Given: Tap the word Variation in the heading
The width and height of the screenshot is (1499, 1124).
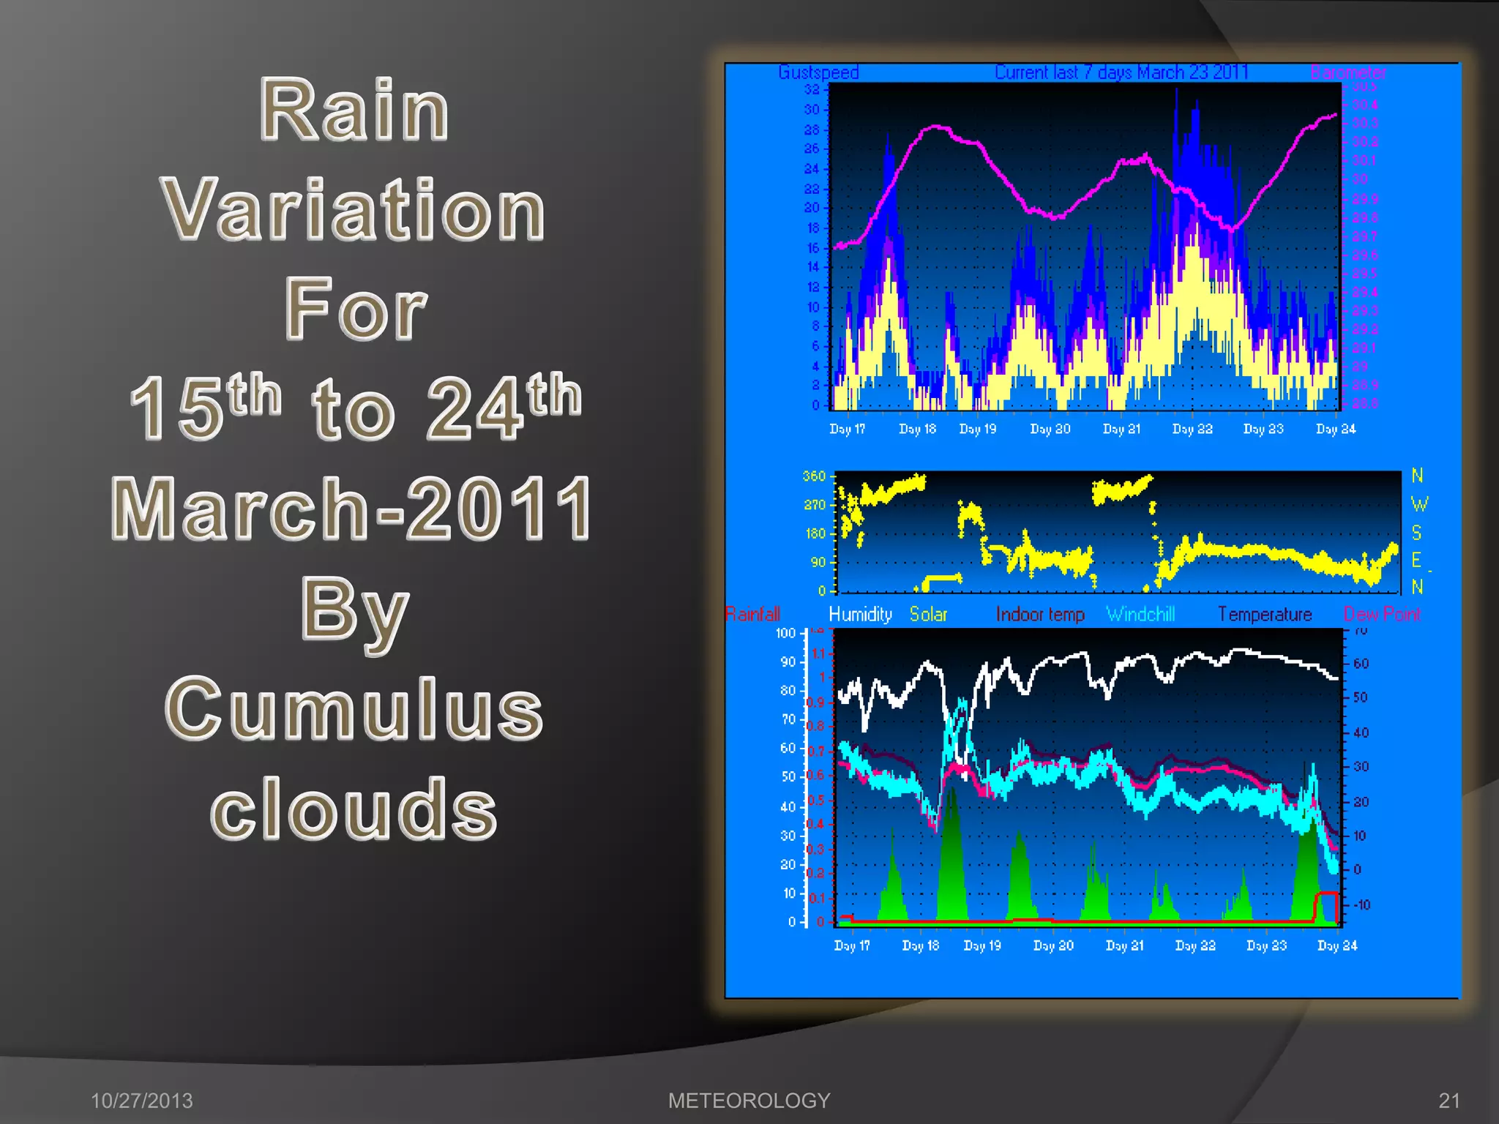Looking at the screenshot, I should tap(354, 211).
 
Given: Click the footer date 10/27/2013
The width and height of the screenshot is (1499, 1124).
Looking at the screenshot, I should tap(141, 1101).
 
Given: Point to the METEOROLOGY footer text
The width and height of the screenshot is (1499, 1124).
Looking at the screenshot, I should tap(749, 1101).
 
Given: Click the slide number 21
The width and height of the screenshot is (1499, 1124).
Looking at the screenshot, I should tap(1449, 1101).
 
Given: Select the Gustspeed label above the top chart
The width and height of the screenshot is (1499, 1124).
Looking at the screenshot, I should tap(818, 72).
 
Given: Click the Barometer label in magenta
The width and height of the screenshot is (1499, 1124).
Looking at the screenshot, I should tap(1348, 72).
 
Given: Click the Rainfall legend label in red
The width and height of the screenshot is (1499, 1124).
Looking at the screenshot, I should tap(752, 614).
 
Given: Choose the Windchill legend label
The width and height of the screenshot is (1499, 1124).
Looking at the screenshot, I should tap(1140, 614).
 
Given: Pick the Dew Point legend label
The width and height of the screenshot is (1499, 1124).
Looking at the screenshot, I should tap(1381, 614).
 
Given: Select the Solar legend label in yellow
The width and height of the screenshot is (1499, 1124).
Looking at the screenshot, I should tap(928, 614).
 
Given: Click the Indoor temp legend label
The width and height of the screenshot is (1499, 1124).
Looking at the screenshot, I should tap(1039, 614).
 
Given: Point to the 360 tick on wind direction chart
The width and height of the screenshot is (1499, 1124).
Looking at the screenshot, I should tap(813, 476).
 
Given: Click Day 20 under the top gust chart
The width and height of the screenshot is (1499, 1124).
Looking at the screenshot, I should tap(1050, 429).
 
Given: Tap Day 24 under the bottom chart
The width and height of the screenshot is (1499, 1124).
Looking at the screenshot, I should tap(1337, 945).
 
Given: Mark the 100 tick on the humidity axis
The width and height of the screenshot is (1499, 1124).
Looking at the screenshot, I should tap(785, 633).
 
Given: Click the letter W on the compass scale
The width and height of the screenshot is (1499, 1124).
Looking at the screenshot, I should tap(1418, 504).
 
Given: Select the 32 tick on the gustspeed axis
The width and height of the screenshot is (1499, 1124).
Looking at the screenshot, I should tap(812, 89).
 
